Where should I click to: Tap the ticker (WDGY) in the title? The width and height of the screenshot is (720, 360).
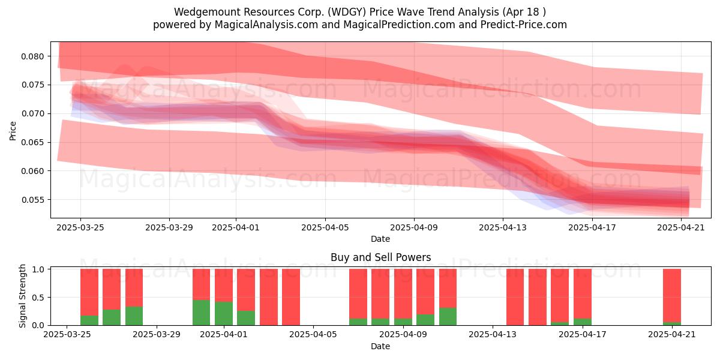(x=347, y=12)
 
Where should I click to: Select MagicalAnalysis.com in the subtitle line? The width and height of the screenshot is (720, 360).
(x=266, y=25)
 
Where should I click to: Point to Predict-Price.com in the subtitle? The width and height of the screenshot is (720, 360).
(x=524, y=25)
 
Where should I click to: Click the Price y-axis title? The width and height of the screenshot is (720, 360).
(x=13, y=131)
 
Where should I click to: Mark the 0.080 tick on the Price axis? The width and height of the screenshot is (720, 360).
(x=32, y=56)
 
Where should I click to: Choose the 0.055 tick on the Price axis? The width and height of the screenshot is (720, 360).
(x=32, y=200)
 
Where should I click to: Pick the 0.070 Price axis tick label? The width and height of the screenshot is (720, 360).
(x=32, y=114)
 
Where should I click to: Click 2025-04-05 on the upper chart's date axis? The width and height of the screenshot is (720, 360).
(x=325, y=227)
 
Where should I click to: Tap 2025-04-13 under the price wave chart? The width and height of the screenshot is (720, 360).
(x=503, y=227)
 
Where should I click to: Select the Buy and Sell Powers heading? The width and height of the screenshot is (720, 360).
(x=380, y=257)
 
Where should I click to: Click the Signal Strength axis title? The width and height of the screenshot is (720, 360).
(x=22, y=296)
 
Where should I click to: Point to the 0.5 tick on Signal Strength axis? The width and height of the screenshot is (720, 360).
(x=38, y=298)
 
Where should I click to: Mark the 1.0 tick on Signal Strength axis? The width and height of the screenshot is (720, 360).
(x=38, y=269)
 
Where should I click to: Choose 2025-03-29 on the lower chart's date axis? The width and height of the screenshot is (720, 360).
(x=157, y=335)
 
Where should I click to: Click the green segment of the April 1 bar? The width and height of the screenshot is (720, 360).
(x=224, y=313)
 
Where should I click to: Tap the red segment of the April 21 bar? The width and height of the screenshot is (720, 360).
(x=672, y=295)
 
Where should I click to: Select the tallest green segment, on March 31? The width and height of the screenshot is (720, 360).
(x=201, y=313)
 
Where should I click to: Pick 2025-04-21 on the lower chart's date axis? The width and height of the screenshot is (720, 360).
(x=672, y=335)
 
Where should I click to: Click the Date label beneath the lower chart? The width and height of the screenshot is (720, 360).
(x=380, y=346)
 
